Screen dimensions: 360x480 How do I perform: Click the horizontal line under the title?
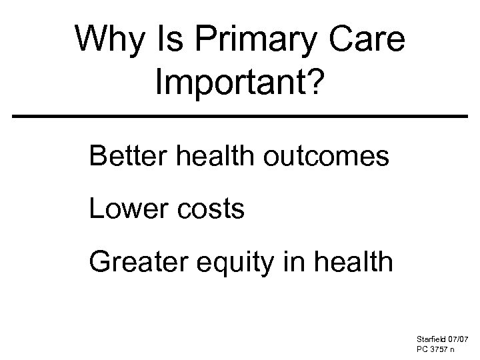[240, 117]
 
